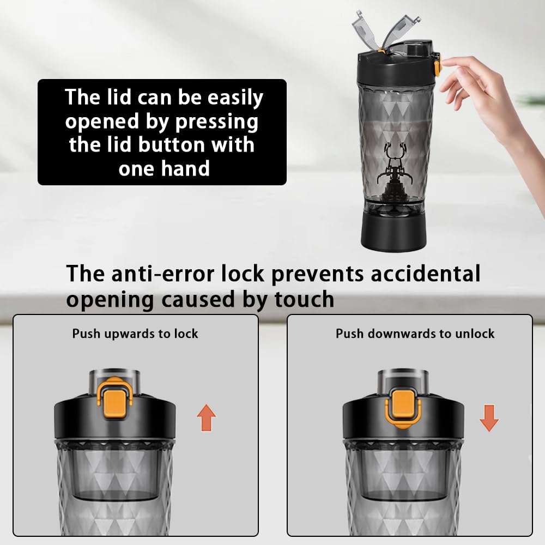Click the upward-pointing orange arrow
click(x=206, y=419)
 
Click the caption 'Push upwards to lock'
click(x=135, y=334)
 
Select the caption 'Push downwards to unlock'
click(x=415, y=334)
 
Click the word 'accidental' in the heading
click(x=425, y=274)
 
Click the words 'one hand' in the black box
click(x=164, y=168)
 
